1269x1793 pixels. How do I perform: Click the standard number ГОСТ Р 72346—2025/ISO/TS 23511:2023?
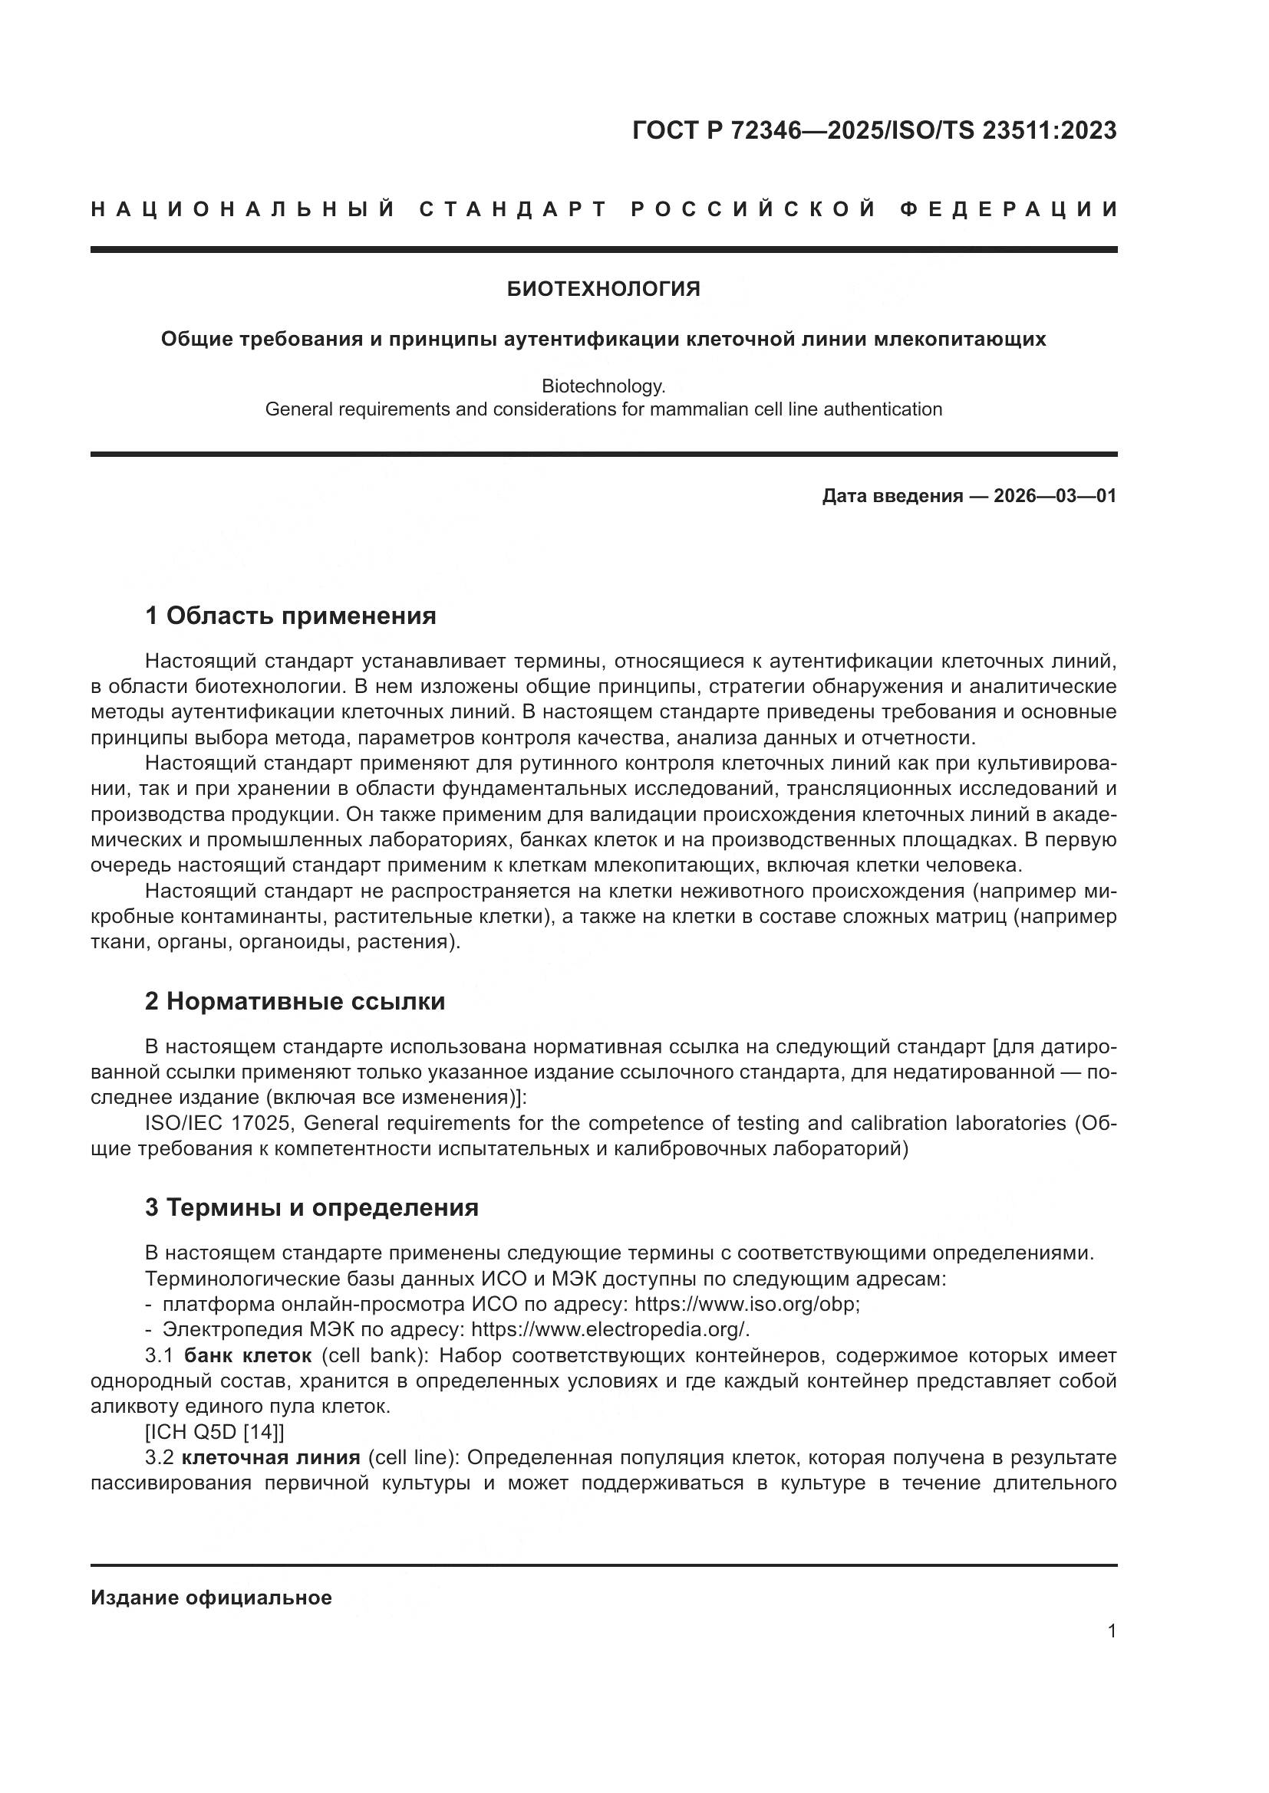click(x=874, y=130)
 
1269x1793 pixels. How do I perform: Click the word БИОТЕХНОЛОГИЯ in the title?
click(x=603, y=289)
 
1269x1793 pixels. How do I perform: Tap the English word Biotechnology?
click(x=603, y=386)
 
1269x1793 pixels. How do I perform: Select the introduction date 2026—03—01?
click(x=1054, y=496)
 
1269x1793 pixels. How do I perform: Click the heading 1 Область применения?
click(x=290, y=616)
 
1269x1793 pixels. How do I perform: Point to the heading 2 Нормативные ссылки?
click(x=295, y=1001)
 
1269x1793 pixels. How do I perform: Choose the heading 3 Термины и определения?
click(x=311, y=1207)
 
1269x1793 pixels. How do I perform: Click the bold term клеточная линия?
click(x=270, y=1457)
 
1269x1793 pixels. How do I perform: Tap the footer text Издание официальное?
click(x=211, y=1598)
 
